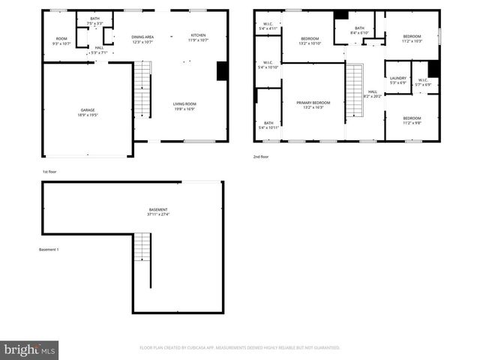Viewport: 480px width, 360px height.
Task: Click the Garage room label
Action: (88, 110)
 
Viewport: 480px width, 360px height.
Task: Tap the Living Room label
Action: (184, 104)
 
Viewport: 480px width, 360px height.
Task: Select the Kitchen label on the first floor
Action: (198, 35)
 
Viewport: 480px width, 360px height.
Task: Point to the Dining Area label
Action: (142, 37)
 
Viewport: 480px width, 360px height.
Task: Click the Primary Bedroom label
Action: (313, 102)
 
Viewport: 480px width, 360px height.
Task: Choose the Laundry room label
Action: (398, 78)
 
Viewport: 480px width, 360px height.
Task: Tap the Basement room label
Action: (157, 209)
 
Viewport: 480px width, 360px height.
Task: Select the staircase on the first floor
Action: (142, 88)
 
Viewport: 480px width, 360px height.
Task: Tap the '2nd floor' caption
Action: (260, 157)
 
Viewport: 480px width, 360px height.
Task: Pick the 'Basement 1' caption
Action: (49, 249)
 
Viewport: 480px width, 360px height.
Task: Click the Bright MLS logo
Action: (29, 349)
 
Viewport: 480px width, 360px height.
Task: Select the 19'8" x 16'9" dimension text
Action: (184, 109)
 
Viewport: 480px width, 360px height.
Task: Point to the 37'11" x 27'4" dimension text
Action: (157, 214)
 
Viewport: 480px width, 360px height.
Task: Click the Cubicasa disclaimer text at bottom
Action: (240, 348)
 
